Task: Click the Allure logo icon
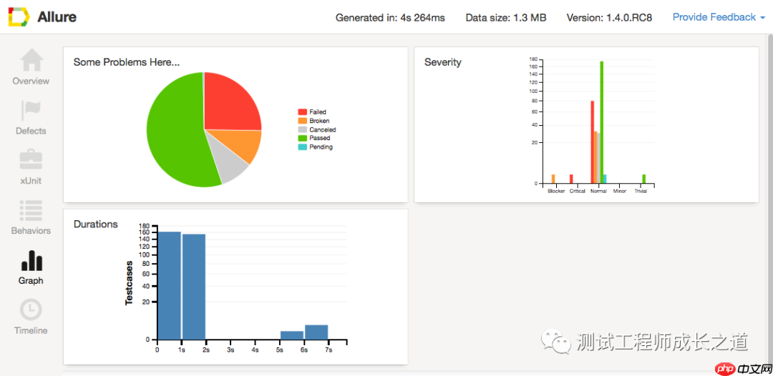point(18,17)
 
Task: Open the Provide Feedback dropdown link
point(719,17)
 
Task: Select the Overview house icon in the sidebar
point(31,60)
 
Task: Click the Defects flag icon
point(31,110)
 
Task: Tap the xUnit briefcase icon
point(31,159)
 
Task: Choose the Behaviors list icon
point(31,210)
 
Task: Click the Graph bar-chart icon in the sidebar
point(31,260)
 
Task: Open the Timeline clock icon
point(31,310)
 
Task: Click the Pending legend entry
point(316,147)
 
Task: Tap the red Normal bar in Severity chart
point(592,142)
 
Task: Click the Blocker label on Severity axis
point(555,191)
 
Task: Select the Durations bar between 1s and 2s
point(194,287)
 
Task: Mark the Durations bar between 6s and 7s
point(316,332)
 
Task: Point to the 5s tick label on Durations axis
point(280,350)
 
